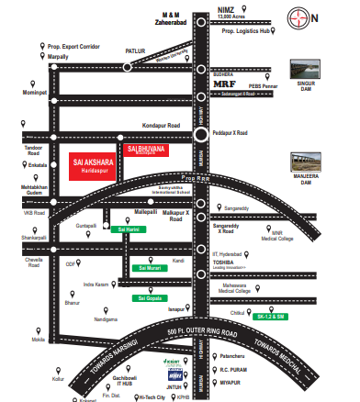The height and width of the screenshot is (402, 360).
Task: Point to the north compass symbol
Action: (335, 16)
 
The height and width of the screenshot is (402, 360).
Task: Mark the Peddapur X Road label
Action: (230, 133)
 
